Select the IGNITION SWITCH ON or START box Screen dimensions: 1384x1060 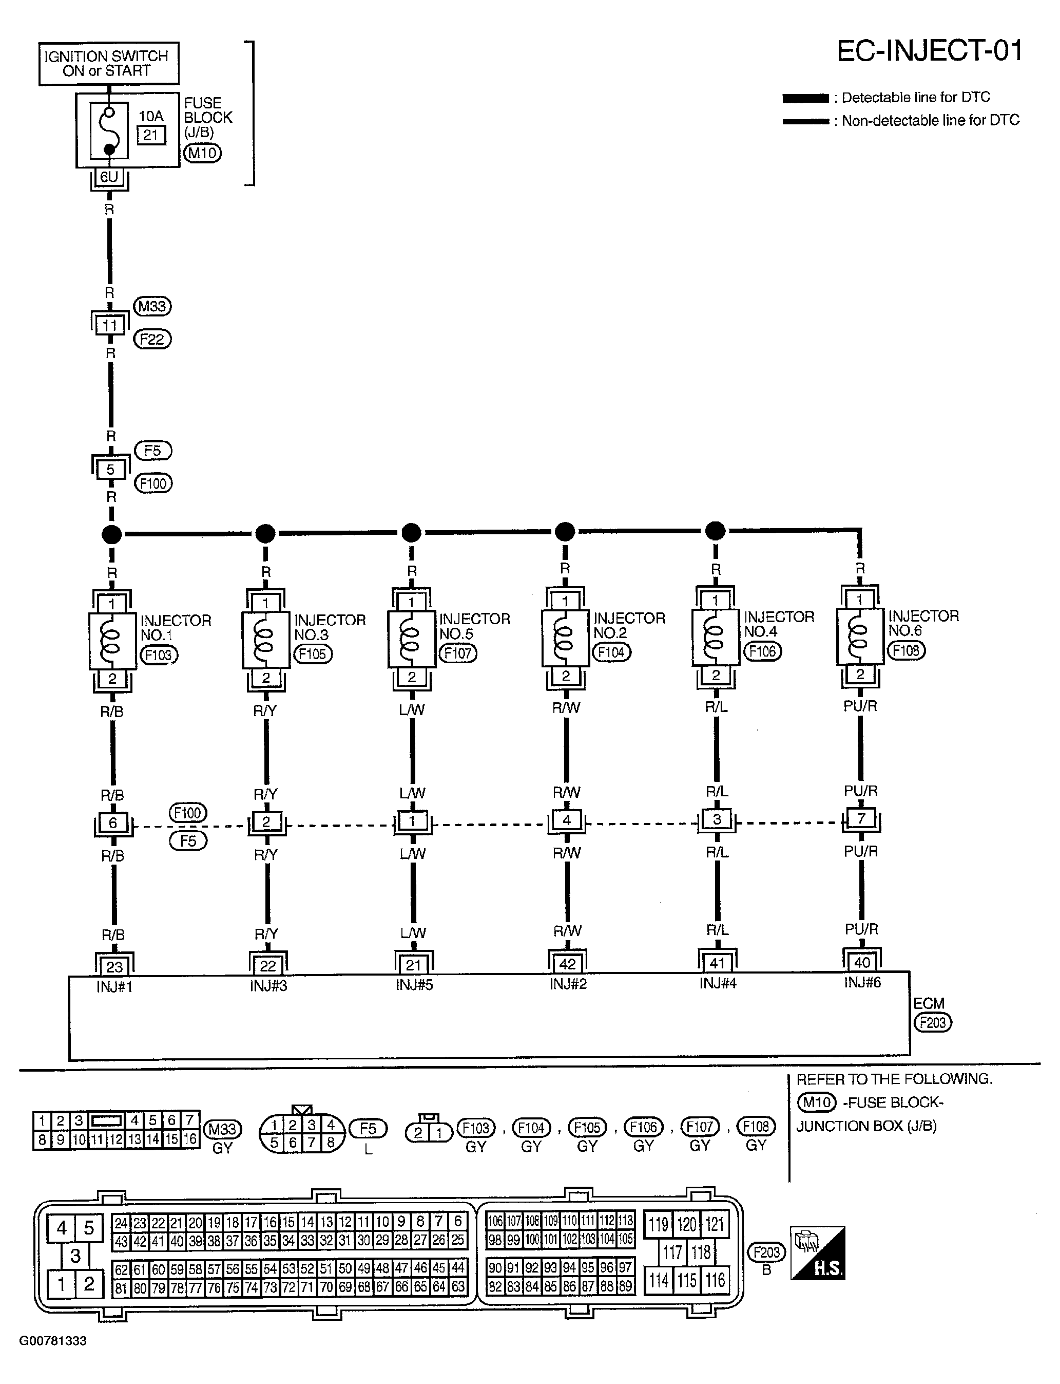click(108, 63)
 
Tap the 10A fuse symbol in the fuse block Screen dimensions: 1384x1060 click(108, 130)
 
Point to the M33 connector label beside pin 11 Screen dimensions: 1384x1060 click(152, 307)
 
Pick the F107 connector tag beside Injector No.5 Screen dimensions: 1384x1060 click(458, 653)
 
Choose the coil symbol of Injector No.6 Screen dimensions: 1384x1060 click(859, 637)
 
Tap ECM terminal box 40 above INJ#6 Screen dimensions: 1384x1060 click(862, 962)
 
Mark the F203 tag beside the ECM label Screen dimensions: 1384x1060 click(933, 1022)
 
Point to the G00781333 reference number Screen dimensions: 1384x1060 click(53, 1341)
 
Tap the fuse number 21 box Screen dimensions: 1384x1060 click(151, 135)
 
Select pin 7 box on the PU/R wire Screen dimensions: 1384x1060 click(861, 819)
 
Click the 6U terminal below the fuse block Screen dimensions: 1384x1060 click(109, 177)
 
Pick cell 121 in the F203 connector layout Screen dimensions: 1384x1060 click(714, 1224)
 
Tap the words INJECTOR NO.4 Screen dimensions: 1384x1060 click(779, 624)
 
